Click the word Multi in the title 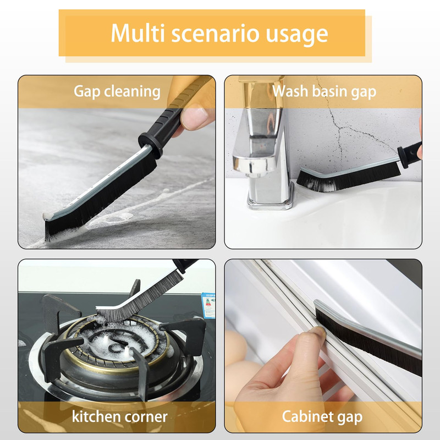click(x=137, y=33)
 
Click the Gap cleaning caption click(x=117, y=92)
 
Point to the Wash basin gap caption click(x=324, y=92)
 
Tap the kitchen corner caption click(x=119, y=416)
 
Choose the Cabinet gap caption click(x=322, y=417)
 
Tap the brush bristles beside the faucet click(x=348, y=177)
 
